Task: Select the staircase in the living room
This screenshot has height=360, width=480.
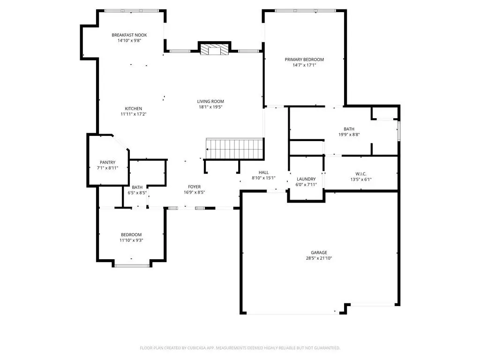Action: [x=235, y=149]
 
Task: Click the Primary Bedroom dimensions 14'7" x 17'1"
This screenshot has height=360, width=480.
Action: [x=304, y=65]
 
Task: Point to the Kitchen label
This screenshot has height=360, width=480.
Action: [x=133, y=109]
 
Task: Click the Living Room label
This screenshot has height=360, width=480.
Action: [x=210, y=101]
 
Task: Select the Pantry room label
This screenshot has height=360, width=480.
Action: [x=107, y=163]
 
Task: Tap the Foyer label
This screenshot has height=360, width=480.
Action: [x=194, y=187]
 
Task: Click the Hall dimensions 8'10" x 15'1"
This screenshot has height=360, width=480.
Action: [x=263, y=178]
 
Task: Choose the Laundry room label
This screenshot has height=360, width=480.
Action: [x=306, y=179]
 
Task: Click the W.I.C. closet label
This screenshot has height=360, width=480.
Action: [x=360, y=173]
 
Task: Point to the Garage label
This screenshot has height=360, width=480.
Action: [x=319, y=253]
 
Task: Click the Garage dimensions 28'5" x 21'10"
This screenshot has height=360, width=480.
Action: [x=319, y=258]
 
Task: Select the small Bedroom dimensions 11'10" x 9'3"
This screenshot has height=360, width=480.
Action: [x=131, y=240]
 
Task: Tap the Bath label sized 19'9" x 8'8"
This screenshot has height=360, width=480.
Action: [x=349, y=129]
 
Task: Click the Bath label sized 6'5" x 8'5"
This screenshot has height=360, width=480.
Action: [x=137, y=192]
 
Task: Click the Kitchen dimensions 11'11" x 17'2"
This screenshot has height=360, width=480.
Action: [x=133, y=114]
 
